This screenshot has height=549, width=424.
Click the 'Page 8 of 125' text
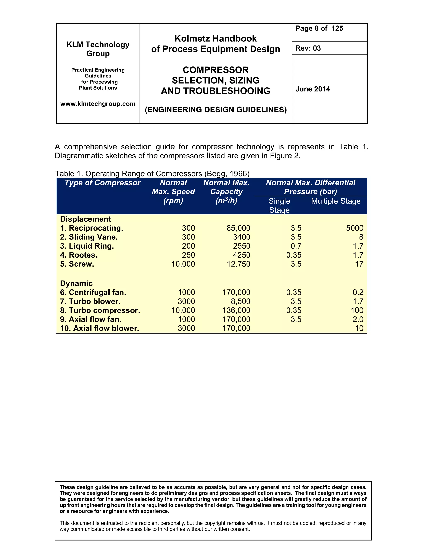(x=319, y=29)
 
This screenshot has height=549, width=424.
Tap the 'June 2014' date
(x=312, y=89)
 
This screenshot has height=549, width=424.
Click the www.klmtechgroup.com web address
(x=98, y=104)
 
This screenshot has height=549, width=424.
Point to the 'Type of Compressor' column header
(x=102, y=183)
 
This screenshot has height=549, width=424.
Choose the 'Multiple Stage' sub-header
(x=336, y=201)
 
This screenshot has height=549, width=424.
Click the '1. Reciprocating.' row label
(x=92, y=228)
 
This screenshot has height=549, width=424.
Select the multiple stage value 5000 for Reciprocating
(x=354, y=228)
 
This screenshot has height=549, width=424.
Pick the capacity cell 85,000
(x=238, y=228)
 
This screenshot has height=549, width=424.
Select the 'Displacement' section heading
(x=86, y=219)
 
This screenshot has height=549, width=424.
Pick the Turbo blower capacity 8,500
(x=240, y=301)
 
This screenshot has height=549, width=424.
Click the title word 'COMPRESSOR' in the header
(x=216, y=70)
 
